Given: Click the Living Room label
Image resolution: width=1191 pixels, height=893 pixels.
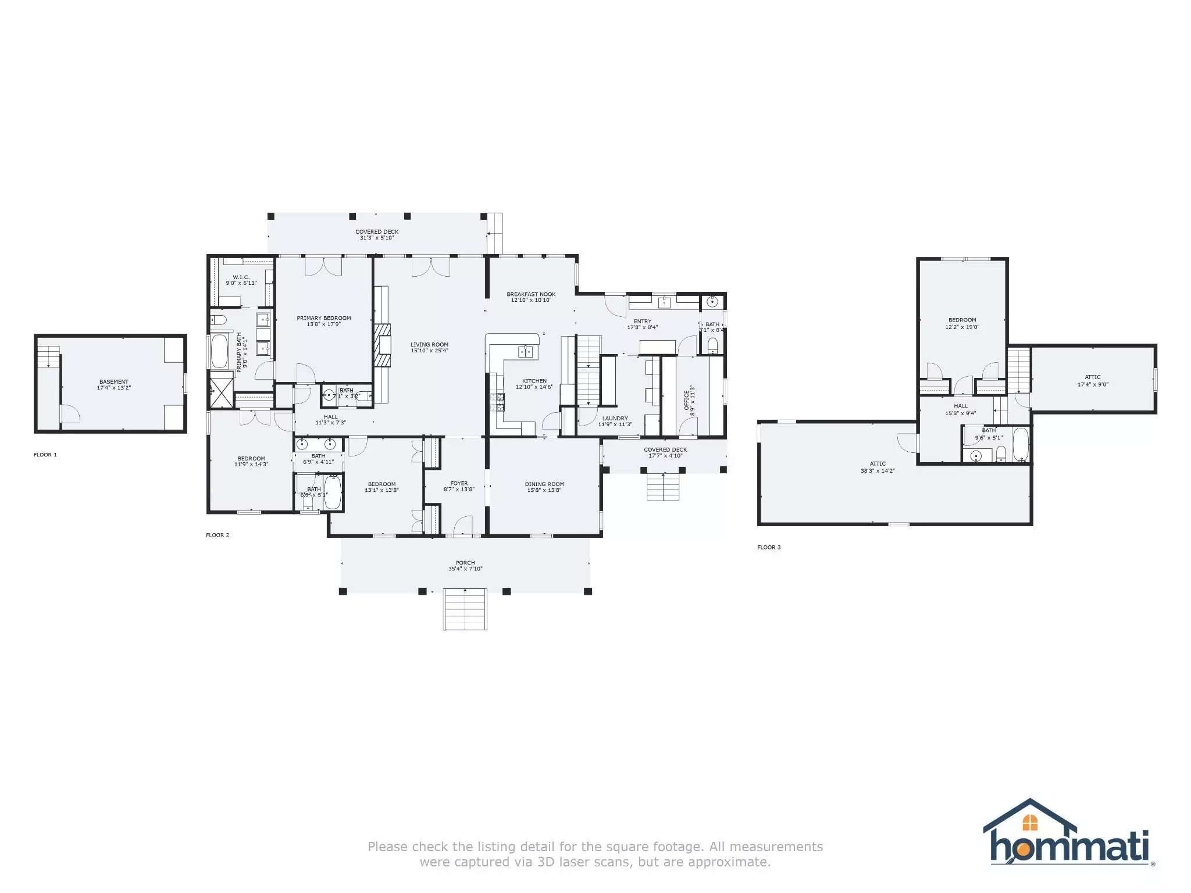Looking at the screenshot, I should pos(429,345).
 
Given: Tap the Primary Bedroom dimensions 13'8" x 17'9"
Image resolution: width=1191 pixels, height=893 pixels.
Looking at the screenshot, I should pos(324,324).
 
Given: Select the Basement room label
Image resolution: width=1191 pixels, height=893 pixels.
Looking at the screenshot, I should pos(114,382).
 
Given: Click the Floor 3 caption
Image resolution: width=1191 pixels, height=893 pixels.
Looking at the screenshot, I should pos(769,547).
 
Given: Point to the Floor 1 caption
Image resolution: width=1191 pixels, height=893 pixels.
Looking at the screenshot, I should pos(45,455).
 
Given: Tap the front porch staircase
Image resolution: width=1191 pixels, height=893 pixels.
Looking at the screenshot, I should pos(465,609).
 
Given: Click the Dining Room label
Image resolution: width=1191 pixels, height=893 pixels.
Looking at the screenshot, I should pos(544,484).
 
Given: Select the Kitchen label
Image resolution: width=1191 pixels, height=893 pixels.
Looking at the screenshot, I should pos(534,381).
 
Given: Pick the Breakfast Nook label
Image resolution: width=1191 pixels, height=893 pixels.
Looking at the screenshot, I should pos(531,294).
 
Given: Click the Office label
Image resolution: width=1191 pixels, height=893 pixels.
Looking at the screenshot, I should pos(686,400).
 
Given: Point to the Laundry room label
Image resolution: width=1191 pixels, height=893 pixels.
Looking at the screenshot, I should pos(615,418).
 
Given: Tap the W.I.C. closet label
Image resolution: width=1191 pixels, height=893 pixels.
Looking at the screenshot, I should pos(241,277).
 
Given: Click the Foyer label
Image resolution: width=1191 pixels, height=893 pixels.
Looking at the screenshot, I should pos(459,483).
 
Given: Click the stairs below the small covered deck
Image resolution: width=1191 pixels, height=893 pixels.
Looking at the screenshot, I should pos(664,487).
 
